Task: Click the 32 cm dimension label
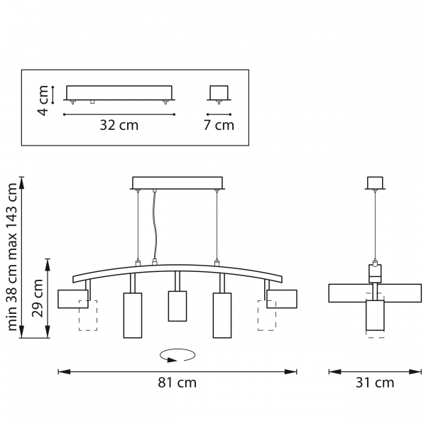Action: click(119, 126)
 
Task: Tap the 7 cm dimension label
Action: click(219, 126)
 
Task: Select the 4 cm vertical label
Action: click(43, 100)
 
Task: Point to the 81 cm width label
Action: click(177, 383)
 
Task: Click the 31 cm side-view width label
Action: click(374, 383)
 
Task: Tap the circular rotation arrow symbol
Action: click(177, 354)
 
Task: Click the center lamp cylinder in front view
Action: click(177, 306)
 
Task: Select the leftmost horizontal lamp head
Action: click(72, 299)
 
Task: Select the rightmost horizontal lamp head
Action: click(281, 299)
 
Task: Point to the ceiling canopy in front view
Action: click(177, 182)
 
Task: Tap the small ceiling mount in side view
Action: click(374, 183)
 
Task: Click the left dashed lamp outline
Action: click(87, 316)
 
